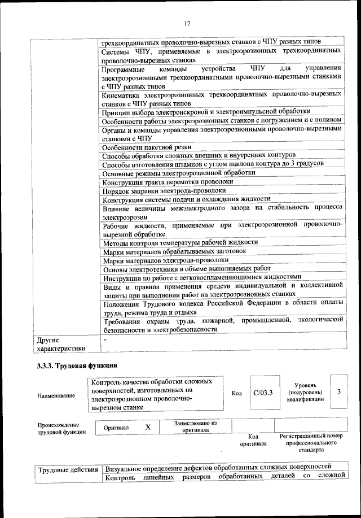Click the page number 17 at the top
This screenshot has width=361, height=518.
(187, 23)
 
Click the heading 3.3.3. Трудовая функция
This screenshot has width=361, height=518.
(77, 365)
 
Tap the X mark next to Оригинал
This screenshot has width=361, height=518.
(148, 428)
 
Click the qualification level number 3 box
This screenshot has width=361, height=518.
(338, 391)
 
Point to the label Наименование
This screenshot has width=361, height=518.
(56, 396)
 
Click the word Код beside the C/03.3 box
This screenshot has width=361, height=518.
(237, 393)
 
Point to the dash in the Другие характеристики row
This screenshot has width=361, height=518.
(105, 340)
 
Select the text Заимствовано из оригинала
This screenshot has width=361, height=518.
(196, 426)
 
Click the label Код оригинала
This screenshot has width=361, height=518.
(253, 440)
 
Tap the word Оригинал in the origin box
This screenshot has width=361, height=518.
(116, 428)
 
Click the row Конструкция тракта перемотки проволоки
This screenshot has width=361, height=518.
(168, 182)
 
